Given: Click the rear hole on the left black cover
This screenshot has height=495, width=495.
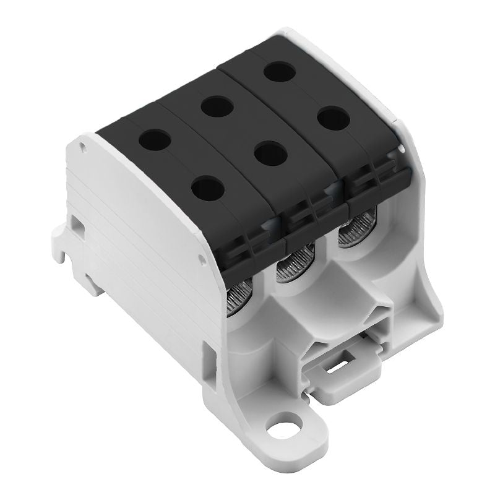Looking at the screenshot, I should [x=154, y=139].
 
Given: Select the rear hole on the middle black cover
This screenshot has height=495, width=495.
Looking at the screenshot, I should [x=216, y=106].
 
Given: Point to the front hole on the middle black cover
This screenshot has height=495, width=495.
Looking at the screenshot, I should [x=270, y=154].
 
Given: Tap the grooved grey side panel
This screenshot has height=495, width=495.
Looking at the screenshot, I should [x=142, y=247].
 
